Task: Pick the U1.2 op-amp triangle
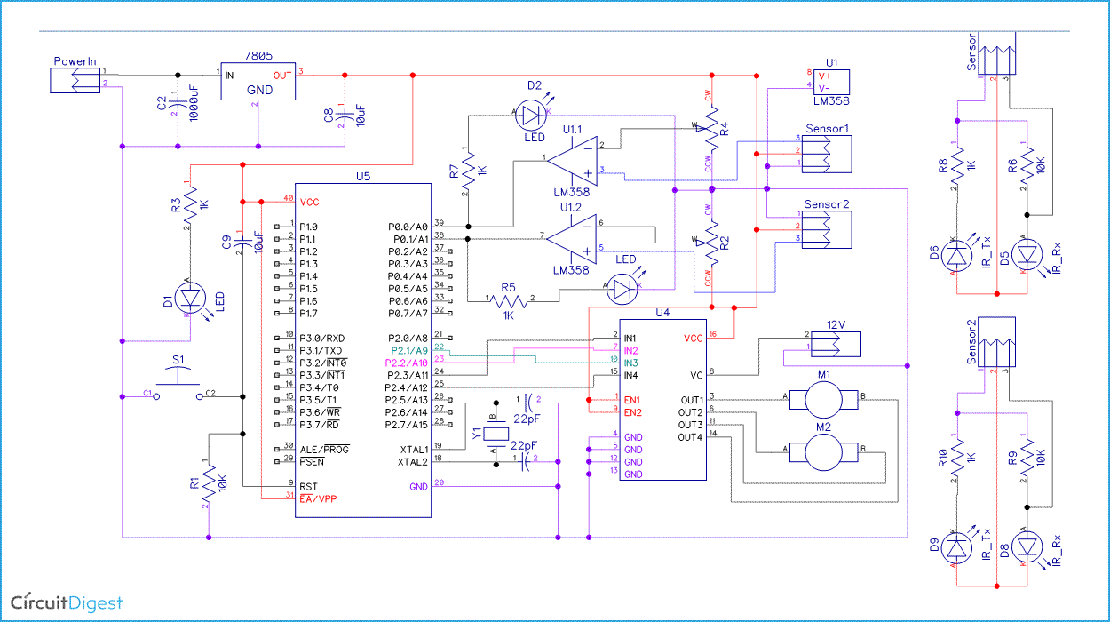[572, 237]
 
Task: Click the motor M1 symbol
[827, 399]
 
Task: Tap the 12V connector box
[836, 343]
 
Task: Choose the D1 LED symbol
[189, 299]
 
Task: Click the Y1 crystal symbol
[495, 435]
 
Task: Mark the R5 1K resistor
[509, 302]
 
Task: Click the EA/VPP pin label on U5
[319, 498]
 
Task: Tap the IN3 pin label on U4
[630, 363]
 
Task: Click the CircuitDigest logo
[67, 602]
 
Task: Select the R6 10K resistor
[1027, 169]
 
